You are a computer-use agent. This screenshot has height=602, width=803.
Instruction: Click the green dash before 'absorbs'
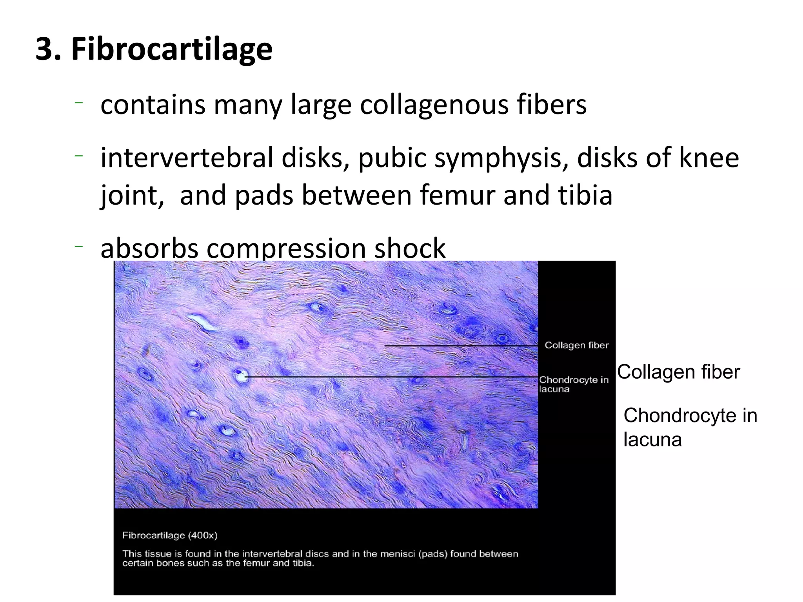point(78,247)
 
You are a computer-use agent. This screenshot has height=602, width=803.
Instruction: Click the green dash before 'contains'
point(78,103)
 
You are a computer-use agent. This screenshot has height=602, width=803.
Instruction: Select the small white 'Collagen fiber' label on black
point(576,345)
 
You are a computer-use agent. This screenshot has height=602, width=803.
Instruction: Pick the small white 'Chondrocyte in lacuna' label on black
point(573,384)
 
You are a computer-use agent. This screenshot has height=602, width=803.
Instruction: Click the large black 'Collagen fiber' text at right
point(678,372)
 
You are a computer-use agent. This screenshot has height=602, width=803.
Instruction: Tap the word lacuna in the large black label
point(652,439)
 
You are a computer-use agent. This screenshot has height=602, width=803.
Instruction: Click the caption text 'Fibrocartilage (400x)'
point(170,535)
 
